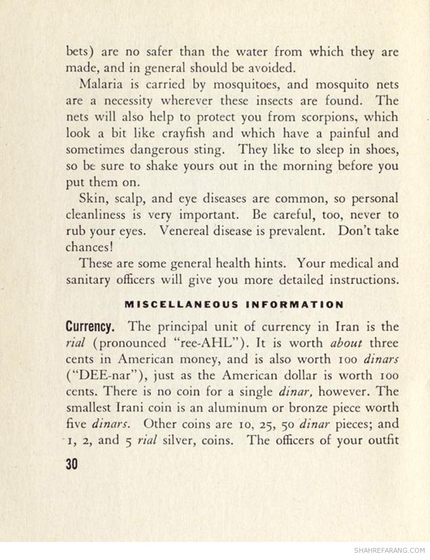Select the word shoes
[379, 150]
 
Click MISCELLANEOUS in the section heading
[181, 304]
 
